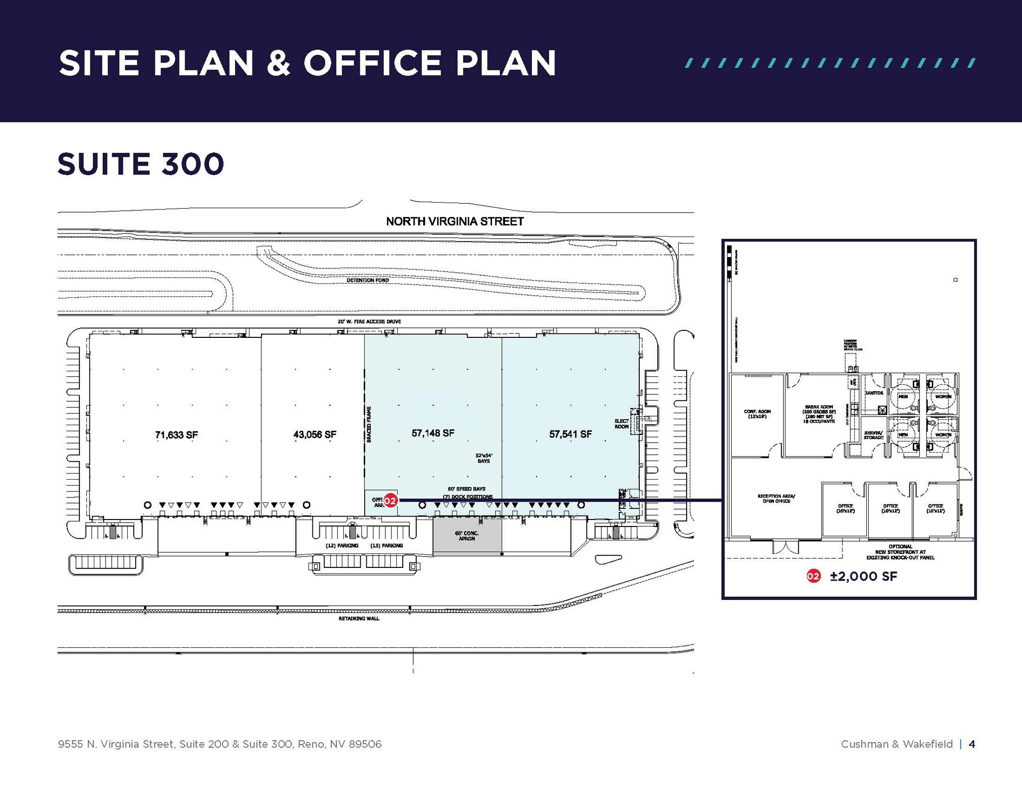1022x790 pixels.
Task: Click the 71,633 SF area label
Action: (176, 435)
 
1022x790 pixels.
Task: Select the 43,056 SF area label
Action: (314, 435)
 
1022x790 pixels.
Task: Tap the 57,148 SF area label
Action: (433, 433)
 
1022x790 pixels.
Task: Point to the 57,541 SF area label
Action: (570, 434)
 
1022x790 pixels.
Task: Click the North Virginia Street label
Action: (455, 222)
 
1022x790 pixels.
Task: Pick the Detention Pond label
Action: (368, 280)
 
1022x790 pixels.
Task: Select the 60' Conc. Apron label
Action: (467, 536)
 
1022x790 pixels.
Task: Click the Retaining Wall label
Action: (359, 619)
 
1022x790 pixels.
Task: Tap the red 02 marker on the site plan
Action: (390, 500)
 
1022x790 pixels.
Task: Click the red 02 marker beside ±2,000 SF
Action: (813, 576)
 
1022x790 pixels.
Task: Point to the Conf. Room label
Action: (757, 414)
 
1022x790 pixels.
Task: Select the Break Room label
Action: (819, 414)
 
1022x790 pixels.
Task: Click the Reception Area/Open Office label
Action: (776, 499)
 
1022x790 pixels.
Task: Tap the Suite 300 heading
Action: (141, 164)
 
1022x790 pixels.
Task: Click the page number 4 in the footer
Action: (972, 744)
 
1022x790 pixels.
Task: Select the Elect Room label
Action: (621, 424)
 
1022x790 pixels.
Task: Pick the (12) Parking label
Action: (342, 545)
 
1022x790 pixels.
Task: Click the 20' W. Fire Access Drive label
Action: (369, 321)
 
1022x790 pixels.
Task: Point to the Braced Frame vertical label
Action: (369, 424)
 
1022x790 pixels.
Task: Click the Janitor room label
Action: (874, 393)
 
